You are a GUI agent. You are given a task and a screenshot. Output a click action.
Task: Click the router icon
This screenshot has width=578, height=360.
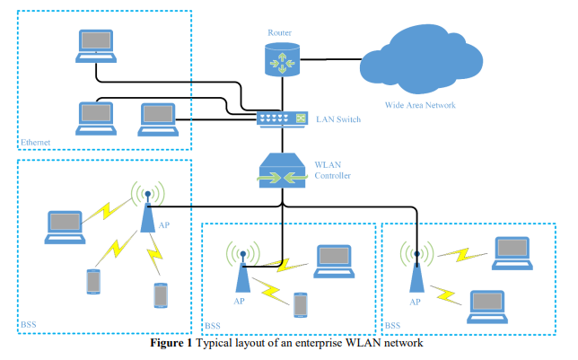click(280, 59)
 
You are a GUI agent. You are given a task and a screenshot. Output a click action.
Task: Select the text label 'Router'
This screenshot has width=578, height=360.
click(279, 33)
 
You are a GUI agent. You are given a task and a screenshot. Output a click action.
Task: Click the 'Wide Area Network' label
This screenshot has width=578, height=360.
click(421, 105)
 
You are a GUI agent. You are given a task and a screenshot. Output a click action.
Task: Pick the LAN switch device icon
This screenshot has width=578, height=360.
click(281, 119)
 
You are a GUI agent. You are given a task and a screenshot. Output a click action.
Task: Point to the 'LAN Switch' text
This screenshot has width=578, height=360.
click(336, 119)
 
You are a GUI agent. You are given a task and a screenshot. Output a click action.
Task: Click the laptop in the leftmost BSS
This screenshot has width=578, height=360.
click(66, 227)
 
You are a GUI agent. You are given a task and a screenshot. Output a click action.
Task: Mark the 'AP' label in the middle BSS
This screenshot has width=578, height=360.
click(239, 302)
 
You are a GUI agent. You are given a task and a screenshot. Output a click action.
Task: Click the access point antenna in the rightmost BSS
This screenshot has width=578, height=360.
click(416, 269)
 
